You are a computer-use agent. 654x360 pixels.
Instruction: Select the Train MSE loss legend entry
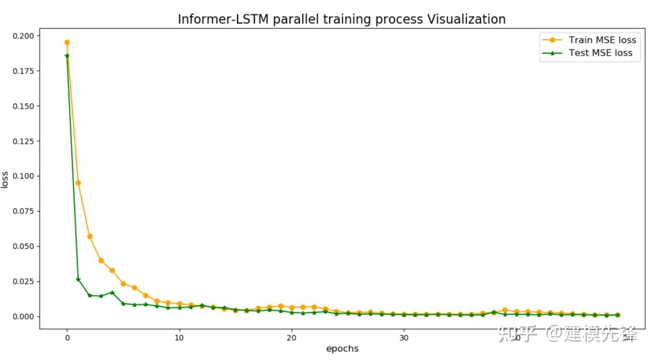(602, 40)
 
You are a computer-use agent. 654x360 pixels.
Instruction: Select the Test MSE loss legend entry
(600, 53)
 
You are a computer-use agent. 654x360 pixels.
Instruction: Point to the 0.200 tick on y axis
(24, 36)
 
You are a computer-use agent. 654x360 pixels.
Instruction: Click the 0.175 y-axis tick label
(24, 71)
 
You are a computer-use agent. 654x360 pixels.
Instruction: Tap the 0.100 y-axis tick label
(24, 176)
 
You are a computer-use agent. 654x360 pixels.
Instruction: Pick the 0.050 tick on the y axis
(24, 246)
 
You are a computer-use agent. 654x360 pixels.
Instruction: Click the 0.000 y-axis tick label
(24, 316)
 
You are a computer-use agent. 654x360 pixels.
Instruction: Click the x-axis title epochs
(342, 349)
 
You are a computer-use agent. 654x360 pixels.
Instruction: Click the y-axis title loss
(5, 180)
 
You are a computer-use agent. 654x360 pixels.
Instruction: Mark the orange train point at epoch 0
(67, 42)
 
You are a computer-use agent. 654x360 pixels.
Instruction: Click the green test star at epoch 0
(67, 56)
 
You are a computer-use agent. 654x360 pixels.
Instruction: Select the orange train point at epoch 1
(78, 182)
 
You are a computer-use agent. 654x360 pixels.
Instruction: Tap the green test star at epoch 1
(78, 279)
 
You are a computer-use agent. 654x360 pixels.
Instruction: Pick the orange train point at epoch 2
(90, 236)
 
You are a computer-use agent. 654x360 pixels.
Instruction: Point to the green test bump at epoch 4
(112, 292)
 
